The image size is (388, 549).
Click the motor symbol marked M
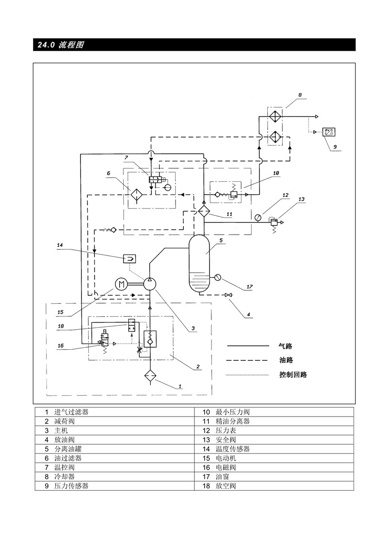pos(122,284)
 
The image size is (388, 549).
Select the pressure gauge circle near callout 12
pos(258,218)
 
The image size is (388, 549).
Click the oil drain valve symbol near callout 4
pos(229,295)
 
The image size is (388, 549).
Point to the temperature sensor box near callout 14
pos(129,259)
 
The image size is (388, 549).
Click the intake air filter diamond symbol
pos(150,375)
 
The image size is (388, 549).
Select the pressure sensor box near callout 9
pos(329,132)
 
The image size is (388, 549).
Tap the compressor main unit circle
pos(150,284)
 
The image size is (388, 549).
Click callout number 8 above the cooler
pos(300,95)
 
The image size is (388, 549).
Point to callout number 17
pos(249,287)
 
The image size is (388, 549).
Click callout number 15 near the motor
pos(60,312)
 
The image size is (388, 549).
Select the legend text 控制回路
pos(293,374)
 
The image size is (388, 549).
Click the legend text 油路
pos(286,360)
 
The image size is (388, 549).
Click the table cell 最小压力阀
pos(232,412)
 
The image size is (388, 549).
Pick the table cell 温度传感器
pos(232,449)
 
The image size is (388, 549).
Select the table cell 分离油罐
pos(68,449)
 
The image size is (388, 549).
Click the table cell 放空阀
pos(226,485)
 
